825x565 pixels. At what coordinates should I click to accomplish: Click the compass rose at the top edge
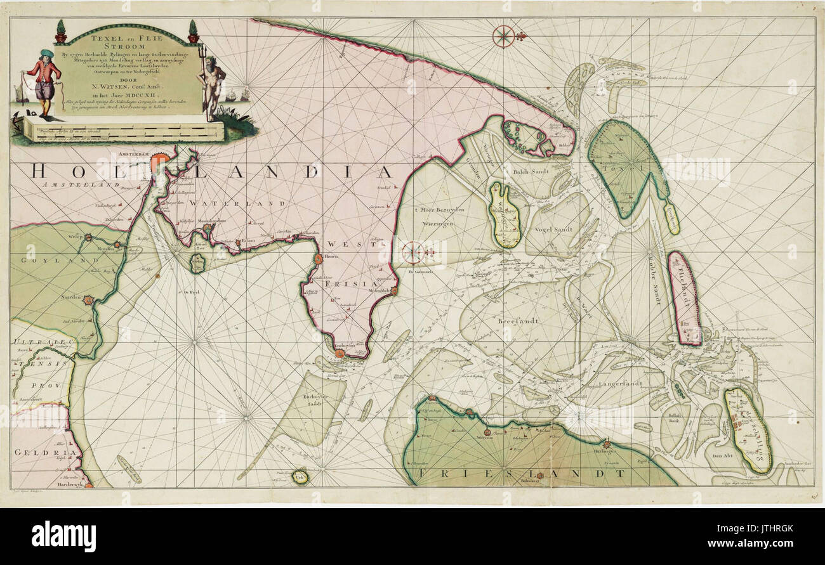point(504,36)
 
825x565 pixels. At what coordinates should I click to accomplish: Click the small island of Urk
point(300,477)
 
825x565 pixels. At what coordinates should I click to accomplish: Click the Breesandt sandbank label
point(518,321)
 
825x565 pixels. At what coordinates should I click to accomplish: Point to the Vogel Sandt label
point(554,230)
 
